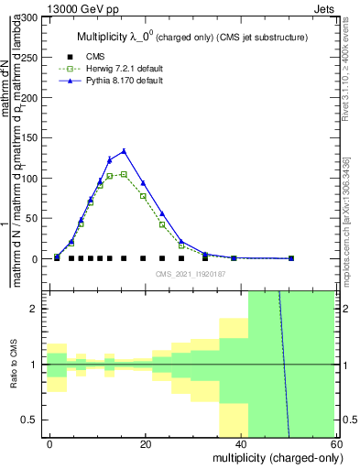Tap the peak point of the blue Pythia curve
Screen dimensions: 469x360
coord(124,151)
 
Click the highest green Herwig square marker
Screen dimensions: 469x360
coord(124,174)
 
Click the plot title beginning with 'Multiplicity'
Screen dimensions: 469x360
coord(191,37)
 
